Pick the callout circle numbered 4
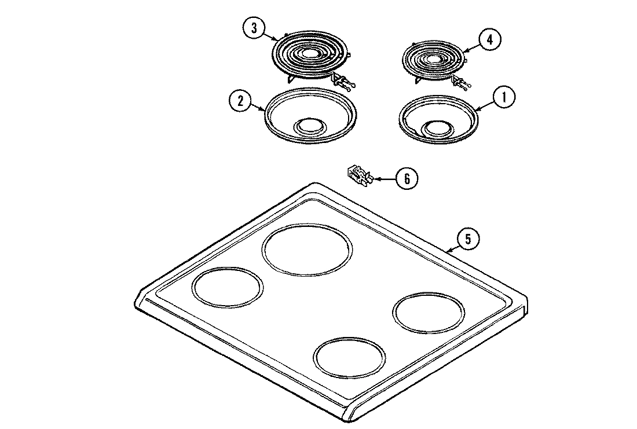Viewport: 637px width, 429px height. (x=489, y=39)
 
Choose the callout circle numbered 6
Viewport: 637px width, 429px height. (x=407, y=178)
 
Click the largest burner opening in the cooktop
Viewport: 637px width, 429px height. (x=306, y=249)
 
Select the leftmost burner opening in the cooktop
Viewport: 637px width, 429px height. (x=227, y=288)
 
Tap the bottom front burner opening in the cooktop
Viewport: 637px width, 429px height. (x=349, y=354)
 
